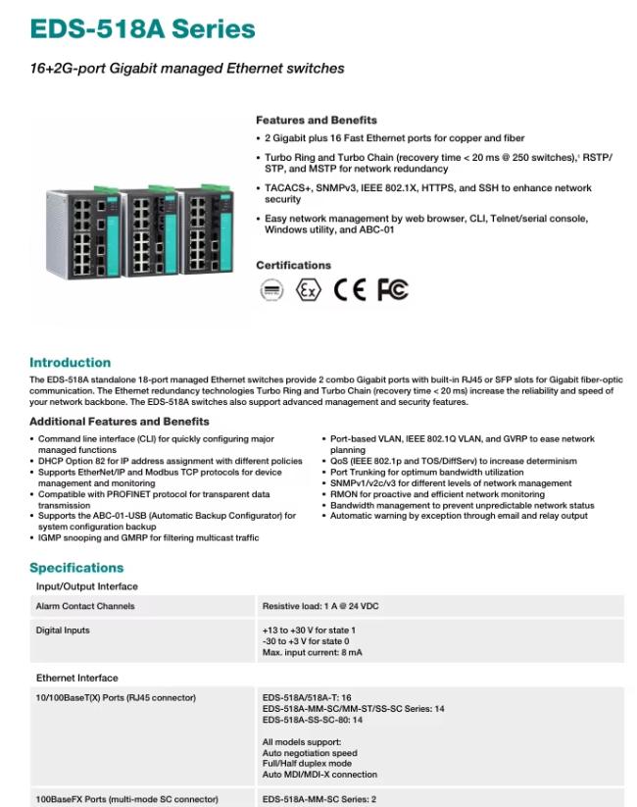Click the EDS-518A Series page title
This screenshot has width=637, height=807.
pos(142,28)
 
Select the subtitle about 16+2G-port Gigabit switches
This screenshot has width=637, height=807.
pos(186,69)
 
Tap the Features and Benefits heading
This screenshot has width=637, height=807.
pos(316,121)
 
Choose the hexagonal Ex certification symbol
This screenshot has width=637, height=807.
pos(309,290)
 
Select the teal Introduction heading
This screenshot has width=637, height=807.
pos(70,363)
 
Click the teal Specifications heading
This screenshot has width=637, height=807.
pos(76,568)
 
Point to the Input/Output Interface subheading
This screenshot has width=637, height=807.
pos(87,586)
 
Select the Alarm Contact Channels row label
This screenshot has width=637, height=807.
pos(85,606)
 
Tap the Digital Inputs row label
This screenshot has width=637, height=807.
pos(63,630)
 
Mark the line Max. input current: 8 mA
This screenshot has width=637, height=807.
pos(312,652)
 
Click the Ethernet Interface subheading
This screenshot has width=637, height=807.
pos(76,678)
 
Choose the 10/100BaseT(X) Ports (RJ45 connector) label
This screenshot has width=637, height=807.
pos(116,698)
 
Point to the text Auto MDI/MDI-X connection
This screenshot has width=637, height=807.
pos(319,774)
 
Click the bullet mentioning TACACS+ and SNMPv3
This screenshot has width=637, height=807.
pos(428,193)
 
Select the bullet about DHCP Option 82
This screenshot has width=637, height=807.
pos(169,461)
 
